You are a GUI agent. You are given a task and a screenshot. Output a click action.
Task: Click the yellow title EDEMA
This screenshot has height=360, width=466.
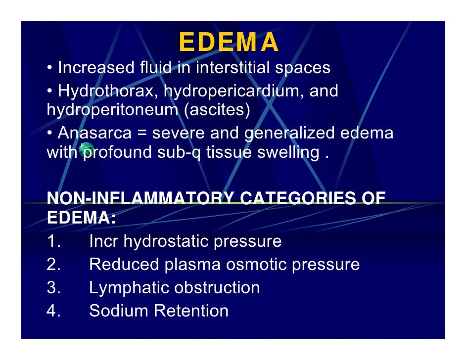tap(229, 43)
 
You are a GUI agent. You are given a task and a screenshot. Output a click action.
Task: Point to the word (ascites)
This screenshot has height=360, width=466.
tap(216, 109)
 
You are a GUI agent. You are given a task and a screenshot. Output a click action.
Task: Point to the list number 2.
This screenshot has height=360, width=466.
tap(53, 265)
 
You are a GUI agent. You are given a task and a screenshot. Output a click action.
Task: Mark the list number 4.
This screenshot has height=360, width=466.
tap(53, 311)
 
